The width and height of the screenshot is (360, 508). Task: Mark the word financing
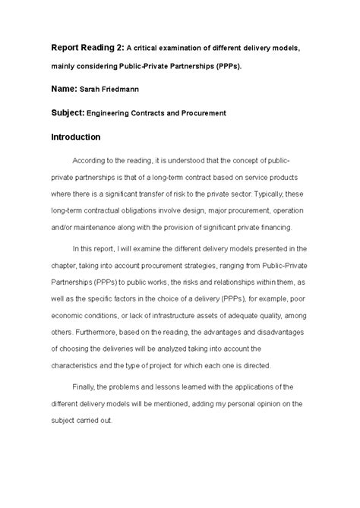point(280,226)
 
